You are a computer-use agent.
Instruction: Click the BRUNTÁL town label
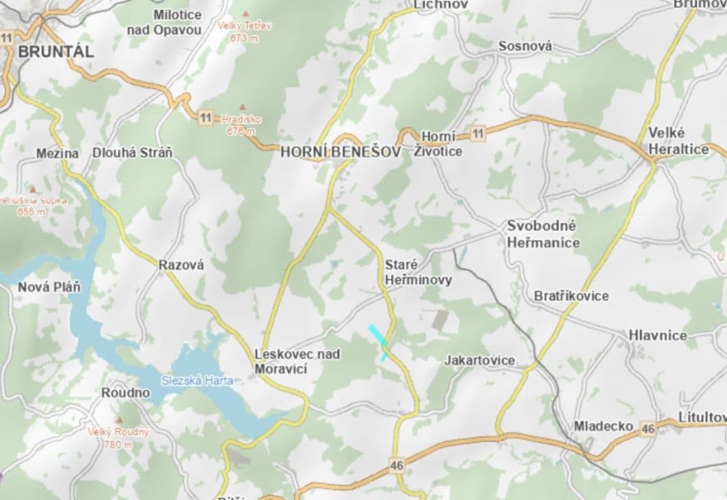(x=56, y=52)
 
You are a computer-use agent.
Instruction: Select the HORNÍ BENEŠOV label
(x=340, y=152)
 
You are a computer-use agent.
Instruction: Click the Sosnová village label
(x=526, y=46)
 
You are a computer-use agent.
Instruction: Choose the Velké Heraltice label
(x=678, y=141)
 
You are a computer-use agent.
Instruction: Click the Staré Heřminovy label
(x=418, y=272)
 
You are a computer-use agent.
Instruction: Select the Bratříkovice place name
(x=571, y=296)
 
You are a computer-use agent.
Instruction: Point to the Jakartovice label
(x=480, y=361)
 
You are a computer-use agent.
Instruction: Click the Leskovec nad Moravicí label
(x=297, y=361)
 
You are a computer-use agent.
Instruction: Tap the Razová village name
(x=181, y=265)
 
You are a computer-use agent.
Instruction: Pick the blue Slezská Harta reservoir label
(x=197, y=381)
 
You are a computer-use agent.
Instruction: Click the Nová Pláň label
(x=49, y=287)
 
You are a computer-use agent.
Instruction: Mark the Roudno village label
(x=126, y=392)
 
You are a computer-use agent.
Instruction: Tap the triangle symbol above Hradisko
(x=242, y=107)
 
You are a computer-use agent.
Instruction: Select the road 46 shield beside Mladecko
(x=648, y=428)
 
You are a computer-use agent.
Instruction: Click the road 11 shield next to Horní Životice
(x=479, y=132)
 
